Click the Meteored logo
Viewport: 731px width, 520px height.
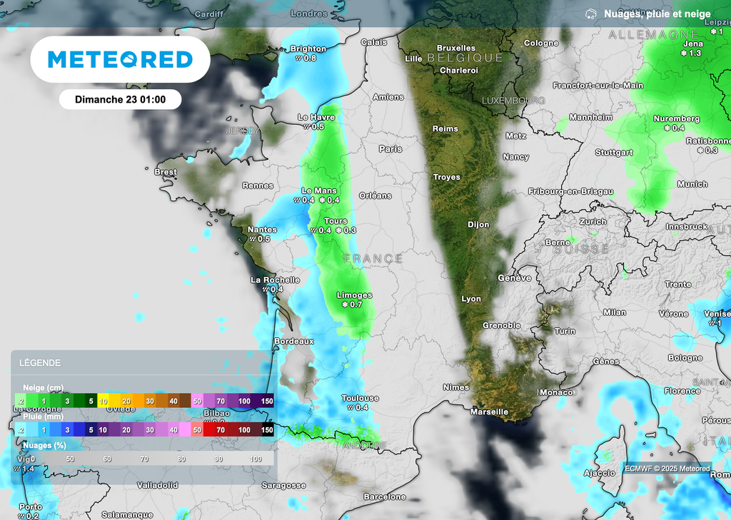click(120, 60)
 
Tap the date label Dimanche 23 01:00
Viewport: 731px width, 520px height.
click(120, 99)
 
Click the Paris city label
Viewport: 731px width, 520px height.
click(390, 149)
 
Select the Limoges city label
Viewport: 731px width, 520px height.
click(355, 295)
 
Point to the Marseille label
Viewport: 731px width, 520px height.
click(489, 412)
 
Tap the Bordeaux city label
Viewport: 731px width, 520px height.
click(294, 342)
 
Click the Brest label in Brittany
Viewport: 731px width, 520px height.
click(166, 172)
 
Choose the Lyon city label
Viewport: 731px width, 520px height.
click(471, 299)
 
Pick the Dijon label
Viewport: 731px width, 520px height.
click(478, 225)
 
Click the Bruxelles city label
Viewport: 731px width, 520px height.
click(455, 49)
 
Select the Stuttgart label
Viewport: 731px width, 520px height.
click(614, 153)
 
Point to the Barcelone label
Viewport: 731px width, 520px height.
click(385, 496)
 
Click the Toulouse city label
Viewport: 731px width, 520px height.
click(360, 398)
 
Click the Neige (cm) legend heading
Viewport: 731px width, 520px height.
click(44, 387)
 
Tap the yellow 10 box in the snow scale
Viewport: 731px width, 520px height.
click(104, 402)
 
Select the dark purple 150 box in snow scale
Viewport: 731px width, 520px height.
click(267, 402)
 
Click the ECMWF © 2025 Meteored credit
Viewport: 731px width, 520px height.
click(667, 469)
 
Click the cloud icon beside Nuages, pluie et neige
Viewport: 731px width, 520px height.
click(590, 14)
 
